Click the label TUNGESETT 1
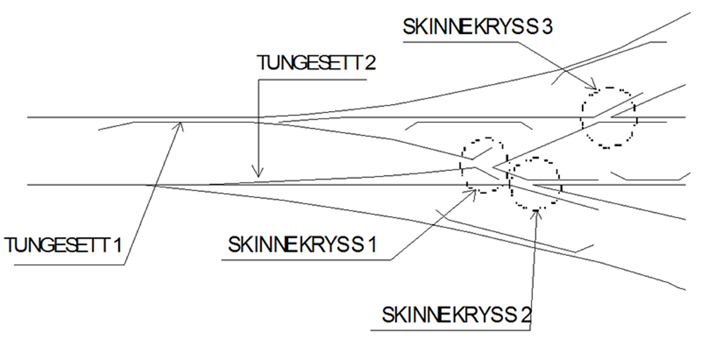click(63, 245)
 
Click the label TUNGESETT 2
click(316, 63)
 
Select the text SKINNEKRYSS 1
click(302, 244)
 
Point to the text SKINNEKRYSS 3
click(477, 27)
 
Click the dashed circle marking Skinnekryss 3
click(609, 117)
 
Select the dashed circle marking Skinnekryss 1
click(484, 165)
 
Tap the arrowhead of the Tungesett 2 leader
click(259, 175)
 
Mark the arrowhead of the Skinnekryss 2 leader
click(536, 213)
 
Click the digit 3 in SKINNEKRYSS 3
click(547, 27)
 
